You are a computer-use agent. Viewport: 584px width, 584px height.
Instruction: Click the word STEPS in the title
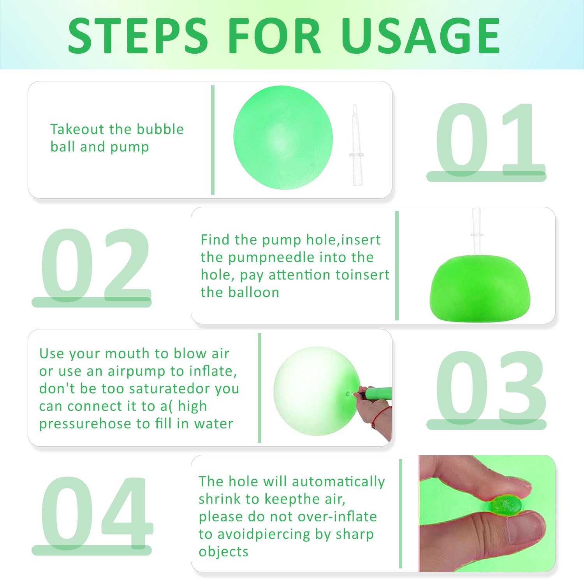138,35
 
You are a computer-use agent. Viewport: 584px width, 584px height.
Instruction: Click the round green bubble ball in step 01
283,137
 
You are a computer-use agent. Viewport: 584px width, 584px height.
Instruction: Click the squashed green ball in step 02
480,288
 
